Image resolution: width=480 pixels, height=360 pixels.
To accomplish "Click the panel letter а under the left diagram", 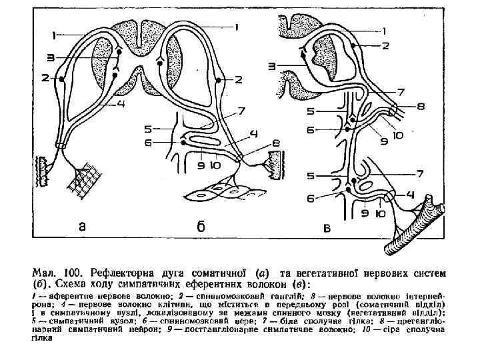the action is click(x=81, y=227).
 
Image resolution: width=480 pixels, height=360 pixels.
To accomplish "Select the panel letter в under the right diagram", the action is click(x=326, y=228).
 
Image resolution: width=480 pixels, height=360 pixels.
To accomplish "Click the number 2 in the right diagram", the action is click(x=385, y=45).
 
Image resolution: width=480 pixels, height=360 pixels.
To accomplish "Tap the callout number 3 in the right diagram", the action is click(x=273, y=65).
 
